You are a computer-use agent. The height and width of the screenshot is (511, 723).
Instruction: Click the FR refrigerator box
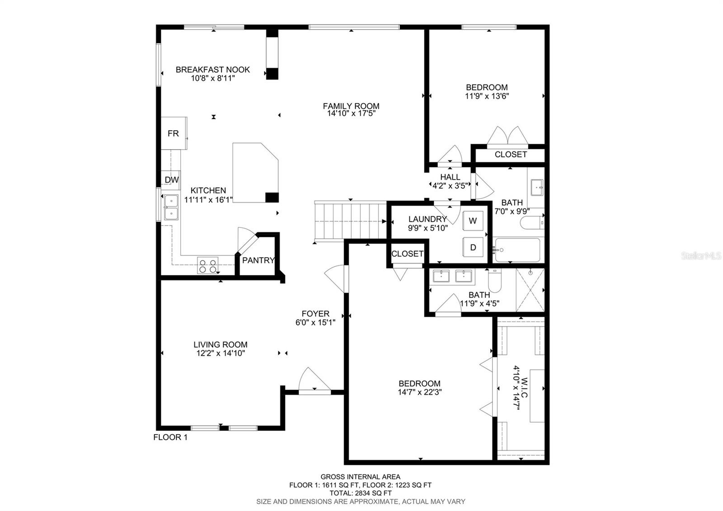(x=174, y=133)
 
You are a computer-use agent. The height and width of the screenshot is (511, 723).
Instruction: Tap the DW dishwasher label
(x=171, y=180)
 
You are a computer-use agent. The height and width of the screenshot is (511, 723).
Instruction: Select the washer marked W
(x=473, y=221)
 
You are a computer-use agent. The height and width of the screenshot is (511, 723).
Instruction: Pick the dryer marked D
(x=473, y=247)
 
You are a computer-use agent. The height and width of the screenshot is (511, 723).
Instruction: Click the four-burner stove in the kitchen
(x=208, y=265)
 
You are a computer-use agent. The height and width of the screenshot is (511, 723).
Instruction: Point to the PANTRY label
(x=258, y=260)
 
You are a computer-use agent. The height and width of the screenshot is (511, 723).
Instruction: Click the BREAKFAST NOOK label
(x=213, y=70)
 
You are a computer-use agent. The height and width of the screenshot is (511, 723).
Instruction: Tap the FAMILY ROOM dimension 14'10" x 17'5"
(x=351, y=114)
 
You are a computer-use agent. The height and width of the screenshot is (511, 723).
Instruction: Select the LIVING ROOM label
(x=221, y=345)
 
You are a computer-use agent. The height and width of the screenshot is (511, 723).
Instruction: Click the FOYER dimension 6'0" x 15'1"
(x=315, y=322)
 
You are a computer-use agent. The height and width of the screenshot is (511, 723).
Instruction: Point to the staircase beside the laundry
(x=351, y=221)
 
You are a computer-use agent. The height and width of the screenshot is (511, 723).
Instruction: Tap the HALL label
(x=450, y=177)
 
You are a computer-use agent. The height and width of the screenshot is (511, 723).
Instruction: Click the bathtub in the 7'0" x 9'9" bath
(x=518, y=250)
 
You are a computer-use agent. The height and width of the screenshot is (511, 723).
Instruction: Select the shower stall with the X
(x=530, y=290)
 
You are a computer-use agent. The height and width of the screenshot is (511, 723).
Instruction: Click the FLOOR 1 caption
(x=170, y=437)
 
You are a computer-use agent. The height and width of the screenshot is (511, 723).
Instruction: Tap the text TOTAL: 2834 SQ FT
(x=361, y=493)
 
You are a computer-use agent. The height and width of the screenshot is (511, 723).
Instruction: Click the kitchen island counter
(x=255, y=173)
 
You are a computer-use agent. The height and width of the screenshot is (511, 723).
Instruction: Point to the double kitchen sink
(x=171, y=208)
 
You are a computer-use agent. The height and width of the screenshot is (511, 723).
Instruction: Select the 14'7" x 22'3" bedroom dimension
(x=420, y=392)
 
